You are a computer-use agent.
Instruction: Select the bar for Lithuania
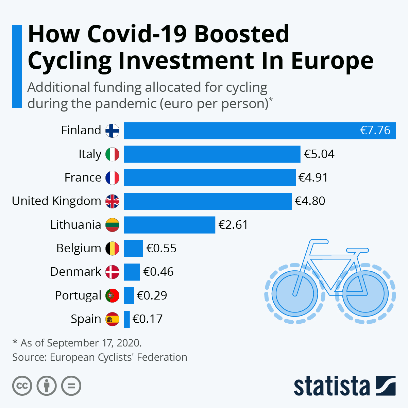[169, 225]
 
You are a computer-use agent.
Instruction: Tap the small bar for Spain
[126, 319]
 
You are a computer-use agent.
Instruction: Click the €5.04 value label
[319, 154]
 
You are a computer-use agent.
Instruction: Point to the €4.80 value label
[310, 201]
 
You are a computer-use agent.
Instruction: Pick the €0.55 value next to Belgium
[161, 248]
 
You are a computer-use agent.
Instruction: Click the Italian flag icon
[112, 154]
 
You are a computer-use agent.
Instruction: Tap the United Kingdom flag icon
[112, 201]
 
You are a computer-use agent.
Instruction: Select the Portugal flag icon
[112, 295]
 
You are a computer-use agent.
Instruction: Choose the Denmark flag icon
[112, 272]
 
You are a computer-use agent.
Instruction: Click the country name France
[83, 177]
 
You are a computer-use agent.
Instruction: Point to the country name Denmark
[75, 272]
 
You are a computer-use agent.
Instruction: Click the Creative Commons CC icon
[22, 386]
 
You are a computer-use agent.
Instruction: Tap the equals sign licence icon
[71, 386]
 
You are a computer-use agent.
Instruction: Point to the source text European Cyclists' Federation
[118, 357]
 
